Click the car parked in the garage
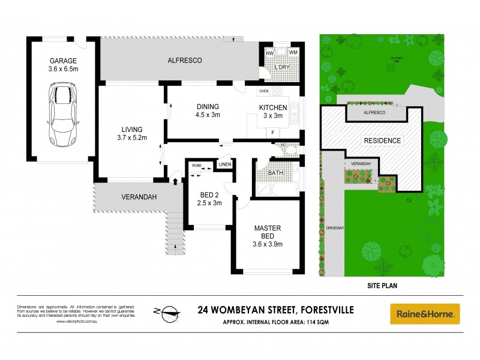62,115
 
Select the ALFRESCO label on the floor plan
184,61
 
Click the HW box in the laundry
270,53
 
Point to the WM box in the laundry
293,53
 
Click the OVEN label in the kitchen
263,91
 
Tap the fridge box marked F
273,132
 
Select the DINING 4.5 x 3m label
208,112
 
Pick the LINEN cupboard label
224,164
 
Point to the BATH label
276,173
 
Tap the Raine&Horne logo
425,313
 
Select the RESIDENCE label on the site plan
382,140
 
